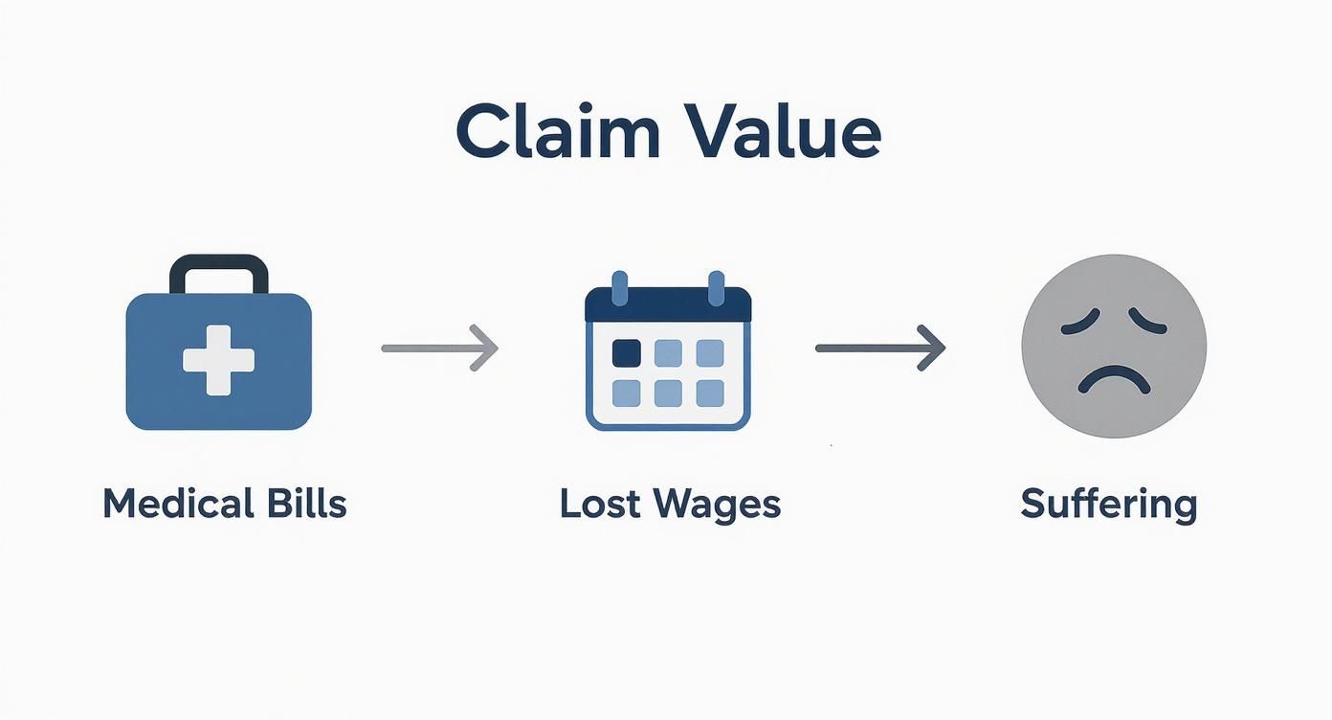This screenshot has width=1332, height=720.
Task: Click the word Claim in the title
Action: pyautogui.click(x=557, y=133)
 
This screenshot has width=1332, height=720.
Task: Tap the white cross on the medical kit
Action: pyautogui.click(x=219, y=360)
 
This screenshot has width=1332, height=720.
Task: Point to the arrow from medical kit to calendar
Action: pyautogui.click(x=439, y=348)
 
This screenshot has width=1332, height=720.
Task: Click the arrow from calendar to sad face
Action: pyautogui.click(x=879, y=348)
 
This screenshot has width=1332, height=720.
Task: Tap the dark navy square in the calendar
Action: pyautogui.click(x=626, y=353)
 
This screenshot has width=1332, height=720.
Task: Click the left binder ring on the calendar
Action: pyautogui.click(x=619, y=287)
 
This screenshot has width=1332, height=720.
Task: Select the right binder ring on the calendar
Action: pyautogui.click(x=716, y=287)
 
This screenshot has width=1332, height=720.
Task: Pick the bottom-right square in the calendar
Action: pyautogui.click(x=710, y=393)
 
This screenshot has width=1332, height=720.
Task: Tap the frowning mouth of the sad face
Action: pyautogui.click(x=1114, y=380)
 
